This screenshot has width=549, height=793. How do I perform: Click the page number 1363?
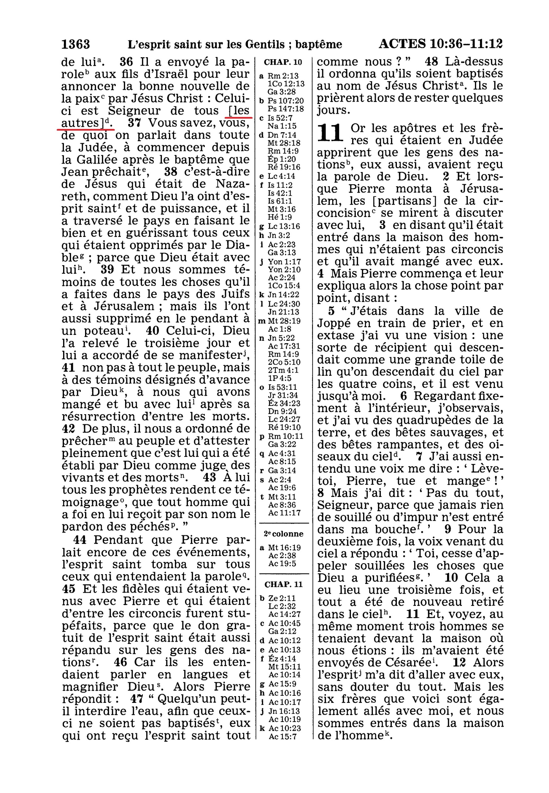[76, 44]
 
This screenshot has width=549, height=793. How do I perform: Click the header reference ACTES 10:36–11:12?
[440, 44]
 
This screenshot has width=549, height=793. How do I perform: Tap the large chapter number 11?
[331, 133]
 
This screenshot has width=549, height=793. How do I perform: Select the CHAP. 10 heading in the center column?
[283, 62]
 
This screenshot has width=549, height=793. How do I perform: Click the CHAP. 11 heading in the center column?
[284, 584]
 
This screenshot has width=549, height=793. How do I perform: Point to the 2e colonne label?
[284, 534]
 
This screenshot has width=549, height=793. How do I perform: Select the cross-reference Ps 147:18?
[285, 109]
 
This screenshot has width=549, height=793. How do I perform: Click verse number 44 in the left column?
[80, 540]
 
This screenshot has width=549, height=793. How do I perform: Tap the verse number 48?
[432, 62]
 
